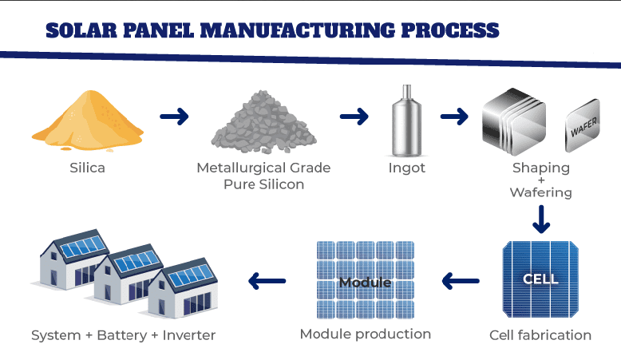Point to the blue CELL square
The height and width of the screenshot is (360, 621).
click(540, 279)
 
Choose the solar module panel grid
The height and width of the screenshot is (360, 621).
click(365, 280)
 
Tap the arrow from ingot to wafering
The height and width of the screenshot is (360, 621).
click(453, 117)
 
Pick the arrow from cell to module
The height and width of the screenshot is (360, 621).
click(460, 281)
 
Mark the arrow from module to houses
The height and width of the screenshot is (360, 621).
click(267, 281)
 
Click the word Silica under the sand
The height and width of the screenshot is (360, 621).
click(87, 168)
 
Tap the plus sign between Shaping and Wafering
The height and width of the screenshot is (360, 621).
click(541, 180)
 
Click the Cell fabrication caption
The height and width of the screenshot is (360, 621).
click(540, 335)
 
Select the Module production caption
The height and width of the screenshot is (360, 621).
click(365, 334)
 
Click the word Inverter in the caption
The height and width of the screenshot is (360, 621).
click(189, 335)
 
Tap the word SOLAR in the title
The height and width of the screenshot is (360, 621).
click(84, 31)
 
